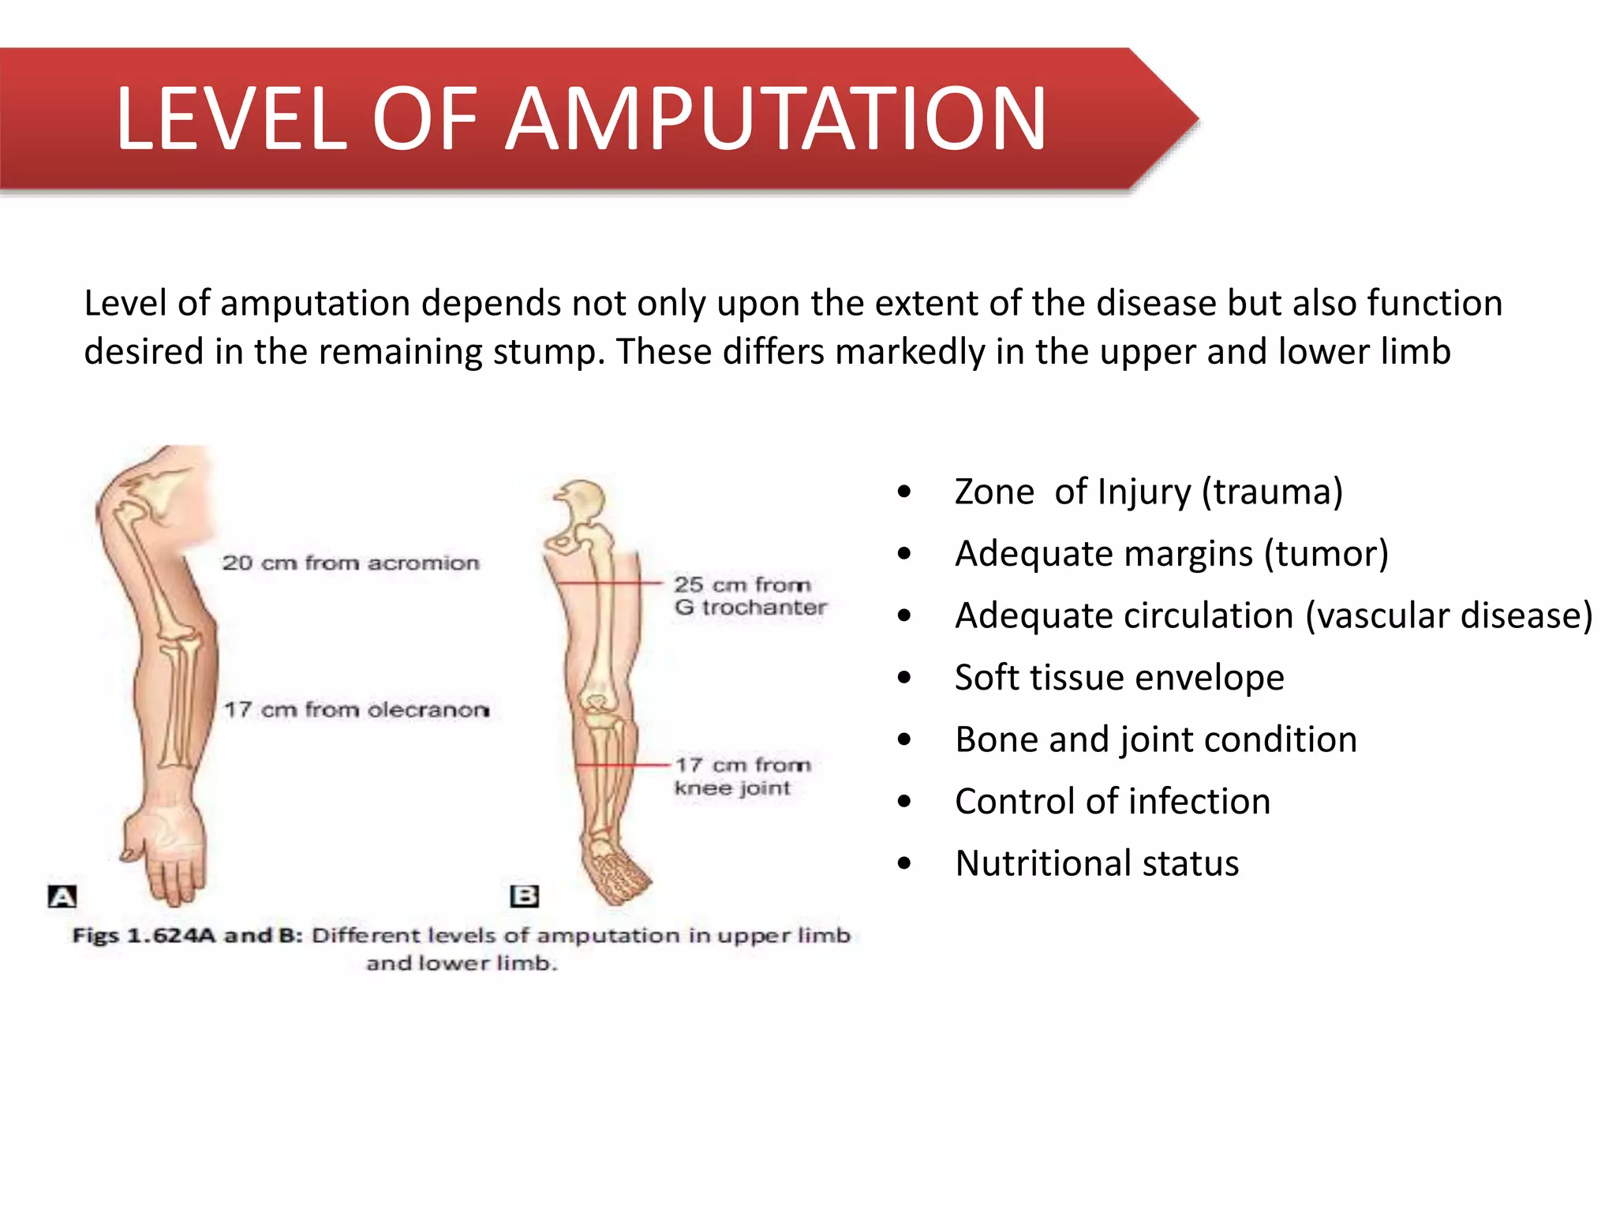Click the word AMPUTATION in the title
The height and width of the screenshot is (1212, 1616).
pos(776,119)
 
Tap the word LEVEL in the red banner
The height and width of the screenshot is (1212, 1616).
pos(231,119)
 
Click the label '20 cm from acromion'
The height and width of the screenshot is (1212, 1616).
pos(350,563)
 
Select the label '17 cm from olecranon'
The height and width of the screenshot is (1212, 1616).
pos(357,710)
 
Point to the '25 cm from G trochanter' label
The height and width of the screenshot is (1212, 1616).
pos(750,596)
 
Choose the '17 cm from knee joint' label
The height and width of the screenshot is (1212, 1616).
pos(742,776)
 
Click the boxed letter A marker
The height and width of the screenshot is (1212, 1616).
pos(62,896)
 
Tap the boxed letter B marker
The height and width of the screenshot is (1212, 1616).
pos(525,896)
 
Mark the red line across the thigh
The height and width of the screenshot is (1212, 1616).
pos(608,583)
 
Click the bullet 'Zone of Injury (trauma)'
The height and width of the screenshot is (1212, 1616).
pos(1148,492)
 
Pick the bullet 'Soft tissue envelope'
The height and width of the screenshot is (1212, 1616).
pos(1119,678)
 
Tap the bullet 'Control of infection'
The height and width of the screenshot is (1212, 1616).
pos(1113,802)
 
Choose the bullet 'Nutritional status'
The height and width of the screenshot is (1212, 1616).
pos(1097,863)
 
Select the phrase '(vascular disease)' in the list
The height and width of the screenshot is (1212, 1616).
pos(1449,615)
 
